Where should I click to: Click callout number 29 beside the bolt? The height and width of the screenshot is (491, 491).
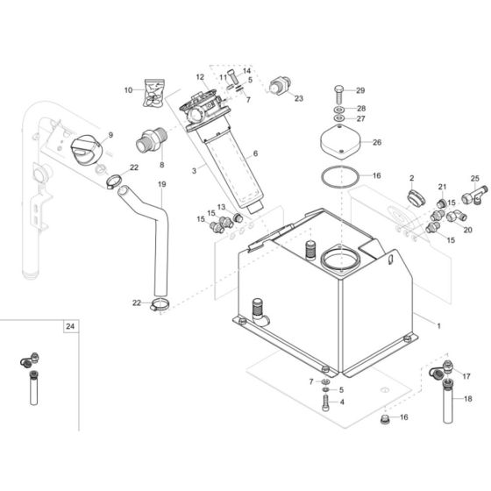click(x=360, y=91)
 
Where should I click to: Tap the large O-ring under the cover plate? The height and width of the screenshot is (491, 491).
click(x=337, y=177)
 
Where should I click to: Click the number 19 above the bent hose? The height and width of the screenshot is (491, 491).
click(x=161, y=184)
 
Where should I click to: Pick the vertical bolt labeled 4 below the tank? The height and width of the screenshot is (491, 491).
click(x=327, y=404)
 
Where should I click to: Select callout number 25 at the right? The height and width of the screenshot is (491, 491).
click(x=475, y=178)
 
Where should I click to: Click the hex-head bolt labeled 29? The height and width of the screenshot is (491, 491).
click(x=338, y=92)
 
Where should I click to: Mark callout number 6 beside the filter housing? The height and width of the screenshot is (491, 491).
click(x=255, y=153)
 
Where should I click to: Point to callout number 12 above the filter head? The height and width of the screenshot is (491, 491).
click(x=200, y=77)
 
